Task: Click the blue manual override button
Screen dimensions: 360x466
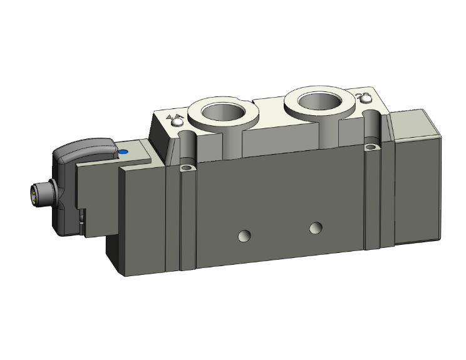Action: [123, 152]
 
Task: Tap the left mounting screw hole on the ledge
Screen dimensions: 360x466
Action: [185, 169]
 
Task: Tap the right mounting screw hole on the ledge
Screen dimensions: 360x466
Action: [373, 148]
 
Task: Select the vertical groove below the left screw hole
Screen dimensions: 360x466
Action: [185, 219]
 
